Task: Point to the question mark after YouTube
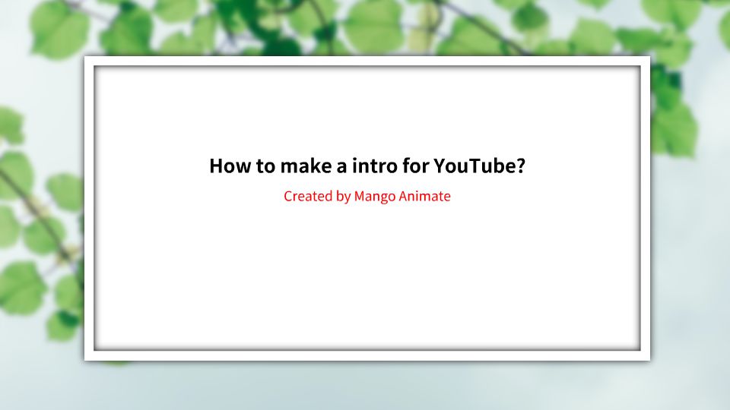point(520,166)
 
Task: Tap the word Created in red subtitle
point(307,197)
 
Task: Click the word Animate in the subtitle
point(424,197)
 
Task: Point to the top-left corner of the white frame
point(86,58)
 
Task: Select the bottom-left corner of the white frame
point(86,358)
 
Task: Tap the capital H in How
point(215,166)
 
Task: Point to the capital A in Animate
point(403,197)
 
